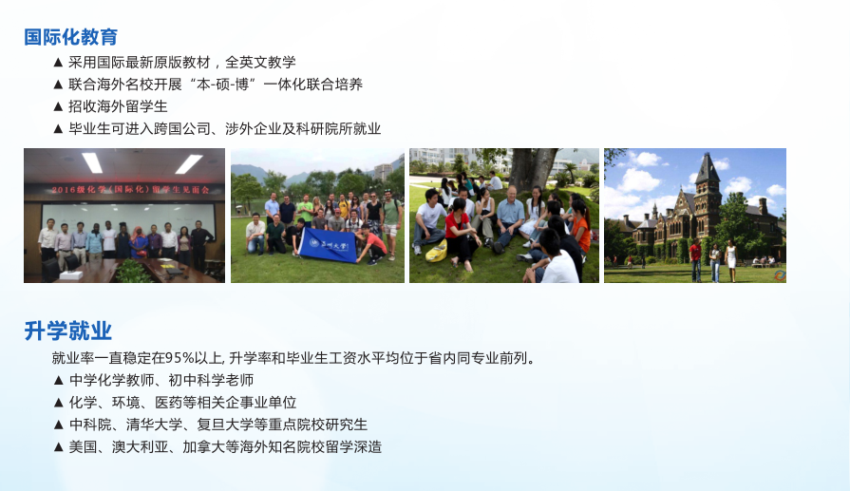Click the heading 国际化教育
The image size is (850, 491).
[x=71, y=37]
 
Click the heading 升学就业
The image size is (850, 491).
[x=67, y=330]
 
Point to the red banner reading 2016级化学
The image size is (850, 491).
[x=130, y=190]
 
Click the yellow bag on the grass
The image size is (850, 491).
[x=437, y=251]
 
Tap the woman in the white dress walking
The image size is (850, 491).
[x=730, y=260]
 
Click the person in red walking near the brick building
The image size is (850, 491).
[x=695, y=260]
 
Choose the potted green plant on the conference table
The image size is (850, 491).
[x=132, y=271]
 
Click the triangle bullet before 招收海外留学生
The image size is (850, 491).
[x=59, y=106]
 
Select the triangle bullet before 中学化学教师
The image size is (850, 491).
[x=59, y=381]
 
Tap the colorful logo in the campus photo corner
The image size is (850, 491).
[x=780, y=275]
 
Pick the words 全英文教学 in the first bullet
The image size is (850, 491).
[x=260, y=63]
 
